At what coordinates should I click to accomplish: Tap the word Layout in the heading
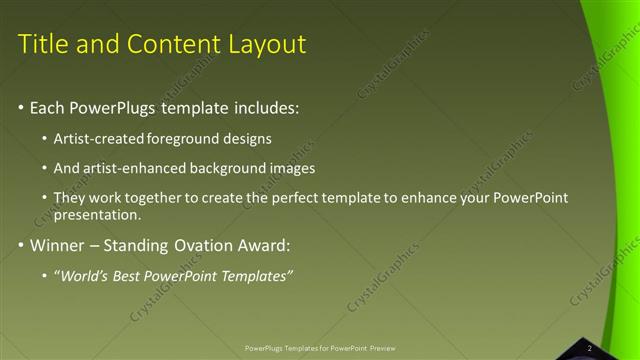pyautogui.click(x=267, y=44)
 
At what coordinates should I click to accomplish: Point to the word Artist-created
pyautogui.click(x=98, y=138)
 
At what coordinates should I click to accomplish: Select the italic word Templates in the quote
pyautogui.click(x=257, y=276)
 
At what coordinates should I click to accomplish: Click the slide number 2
pyautogui.click(x=589, y=348)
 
